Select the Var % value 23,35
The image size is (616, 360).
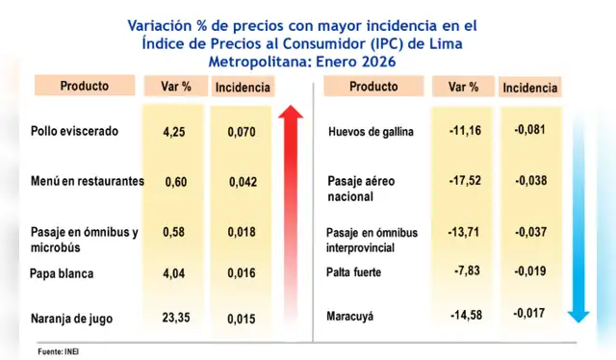(x=174, y=315)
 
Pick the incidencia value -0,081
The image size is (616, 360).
(x=529, y=130)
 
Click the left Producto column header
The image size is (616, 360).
(x=84, y=86)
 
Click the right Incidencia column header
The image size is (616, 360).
(x=529, y=88)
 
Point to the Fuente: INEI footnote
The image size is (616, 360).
(x=58, y=350)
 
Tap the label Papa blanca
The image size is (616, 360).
(x=62, y=273)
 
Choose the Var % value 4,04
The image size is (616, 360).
(x=174, y=273)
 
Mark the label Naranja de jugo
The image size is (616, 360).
(x=71, y=316)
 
